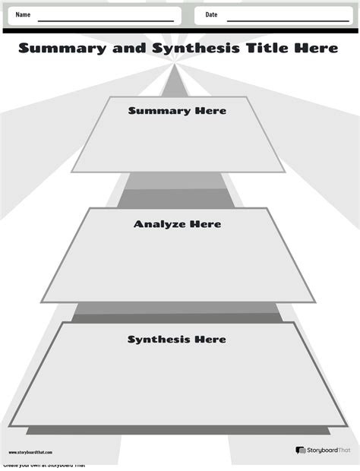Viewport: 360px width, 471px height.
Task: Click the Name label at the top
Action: click(23, 15)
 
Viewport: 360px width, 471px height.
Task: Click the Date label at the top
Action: click(211, 15)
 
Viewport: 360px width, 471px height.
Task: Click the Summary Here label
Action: click(177, 111)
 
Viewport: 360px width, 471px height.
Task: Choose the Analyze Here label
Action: click(177, 224)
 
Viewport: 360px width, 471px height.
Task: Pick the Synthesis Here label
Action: click(176, 339)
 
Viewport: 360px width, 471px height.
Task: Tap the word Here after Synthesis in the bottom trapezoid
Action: click(210, 339)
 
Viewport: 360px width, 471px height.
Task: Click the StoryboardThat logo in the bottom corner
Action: click(322, 450)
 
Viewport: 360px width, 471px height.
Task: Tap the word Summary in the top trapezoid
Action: click(159, 111)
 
